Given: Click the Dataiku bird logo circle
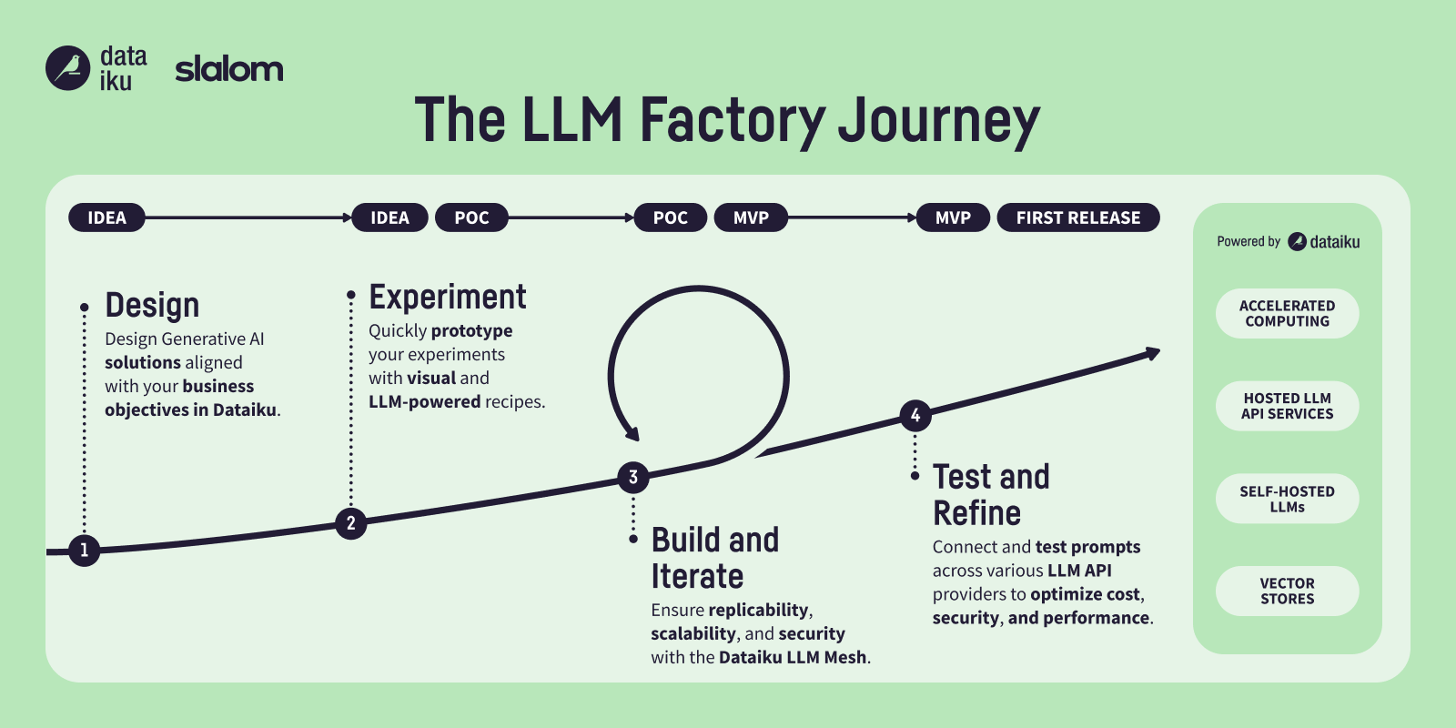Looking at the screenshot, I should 67,68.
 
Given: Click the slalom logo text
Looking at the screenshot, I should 228,69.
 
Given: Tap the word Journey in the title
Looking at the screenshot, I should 938,122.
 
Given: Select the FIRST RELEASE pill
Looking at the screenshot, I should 1077,217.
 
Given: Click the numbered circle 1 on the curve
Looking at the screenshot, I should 85,550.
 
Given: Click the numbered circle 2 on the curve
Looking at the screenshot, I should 350,523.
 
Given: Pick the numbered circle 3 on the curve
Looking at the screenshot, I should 633,477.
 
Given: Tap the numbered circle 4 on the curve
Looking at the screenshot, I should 915,415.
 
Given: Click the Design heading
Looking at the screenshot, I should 152,306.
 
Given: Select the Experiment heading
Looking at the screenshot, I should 447,298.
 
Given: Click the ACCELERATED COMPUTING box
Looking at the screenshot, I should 1287,313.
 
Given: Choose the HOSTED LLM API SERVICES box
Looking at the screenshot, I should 1287,406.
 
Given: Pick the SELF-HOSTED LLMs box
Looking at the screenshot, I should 1287,499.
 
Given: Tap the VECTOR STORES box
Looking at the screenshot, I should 1287,591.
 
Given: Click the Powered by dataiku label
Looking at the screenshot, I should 1287,241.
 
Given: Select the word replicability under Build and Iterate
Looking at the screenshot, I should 758,610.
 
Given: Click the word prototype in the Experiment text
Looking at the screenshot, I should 471,330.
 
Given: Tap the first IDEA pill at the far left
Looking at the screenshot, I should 106,217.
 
